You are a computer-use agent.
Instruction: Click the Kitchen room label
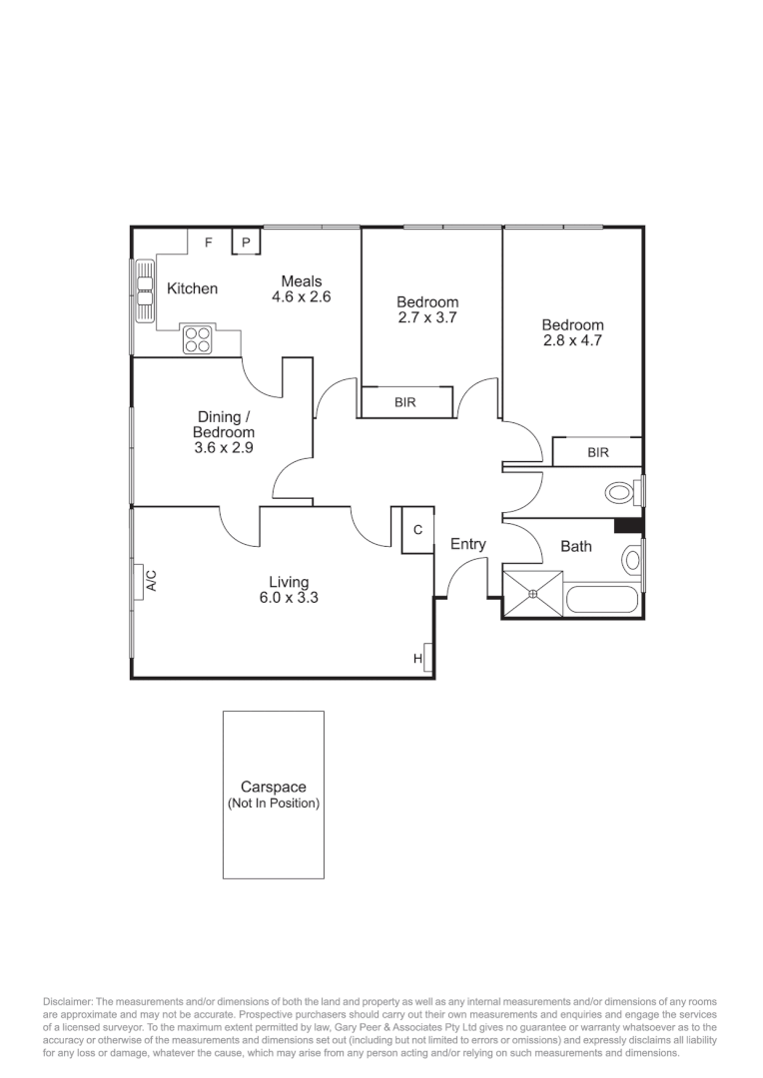coord(192,288)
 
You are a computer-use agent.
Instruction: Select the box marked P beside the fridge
coord(246,243)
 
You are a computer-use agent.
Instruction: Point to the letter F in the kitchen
coord(209,243)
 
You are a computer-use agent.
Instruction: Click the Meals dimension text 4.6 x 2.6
coord(301,296)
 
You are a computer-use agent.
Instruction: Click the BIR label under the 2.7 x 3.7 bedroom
coord(405,402)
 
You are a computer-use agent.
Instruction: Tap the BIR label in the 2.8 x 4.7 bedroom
coord(597,452)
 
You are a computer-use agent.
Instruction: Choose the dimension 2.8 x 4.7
coord(573,340)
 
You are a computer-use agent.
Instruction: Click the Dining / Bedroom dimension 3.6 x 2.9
coord(224,448)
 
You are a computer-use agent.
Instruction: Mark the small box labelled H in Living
coord(418,659)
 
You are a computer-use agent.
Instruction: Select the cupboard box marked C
coord(417,530)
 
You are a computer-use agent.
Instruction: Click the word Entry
coord(467,544)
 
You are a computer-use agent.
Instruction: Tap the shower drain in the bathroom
coord(532,595)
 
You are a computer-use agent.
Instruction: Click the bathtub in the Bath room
coord(601,602)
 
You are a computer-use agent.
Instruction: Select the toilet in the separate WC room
coord(621,491)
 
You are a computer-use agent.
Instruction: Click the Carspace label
coord(273,787)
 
